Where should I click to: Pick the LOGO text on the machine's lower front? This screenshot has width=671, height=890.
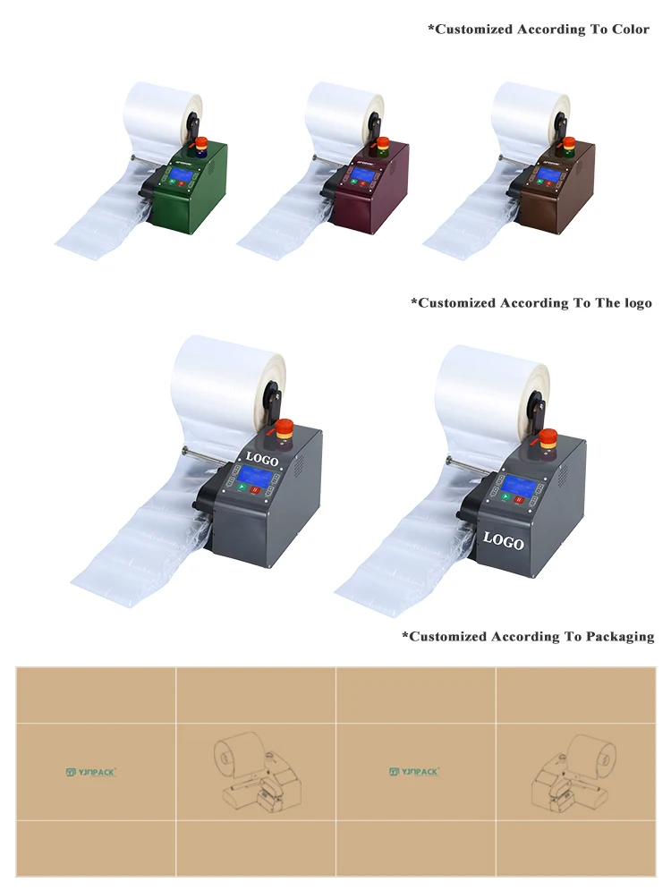(x=504, y=539)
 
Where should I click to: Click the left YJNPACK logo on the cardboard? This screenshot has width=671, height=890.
(x=91, y=771)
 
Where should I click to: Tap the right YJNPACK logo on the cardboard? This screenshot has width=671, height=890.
(x=415, y=771)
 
